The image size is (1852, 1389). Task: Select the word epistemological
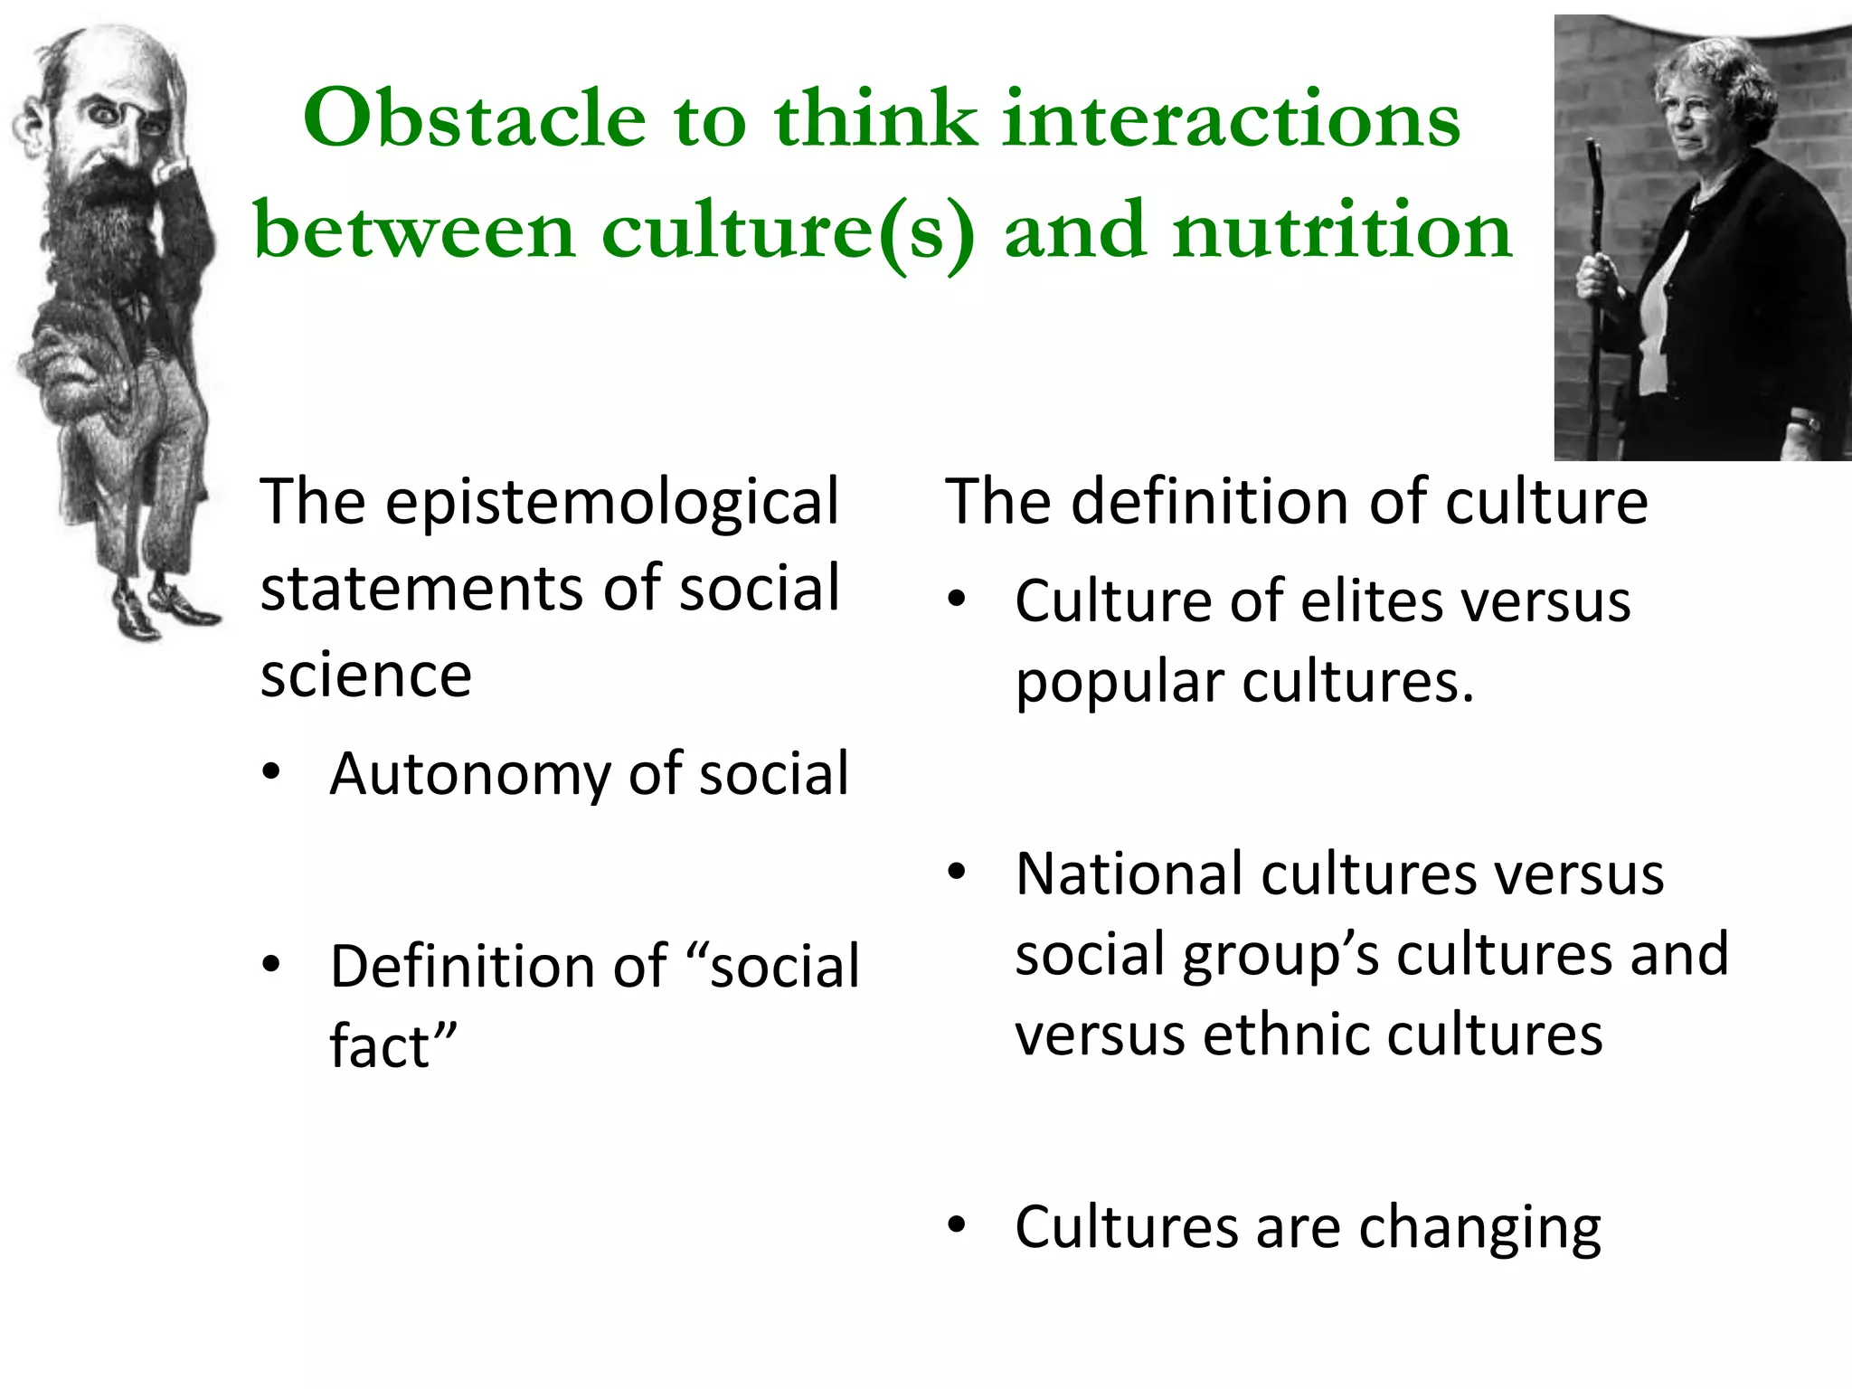tap(612, 503)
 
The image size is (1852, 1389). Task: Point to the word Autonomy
tap(470, 776)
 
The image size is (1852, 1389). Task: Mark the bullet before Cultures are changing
tap(957, 1226)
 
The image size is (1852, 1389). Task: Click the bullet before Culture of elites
tap(957, 599)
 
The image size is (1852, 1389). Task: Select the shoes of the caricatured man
tap(163, 606)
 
